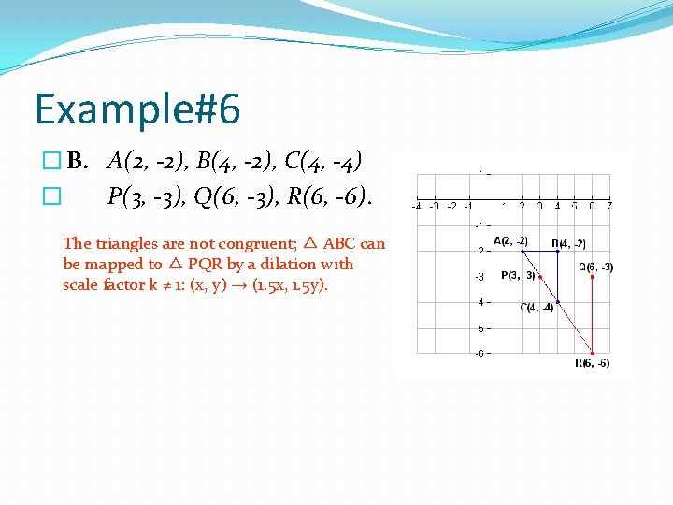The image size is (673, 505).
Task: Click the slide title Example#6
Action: [137, 109]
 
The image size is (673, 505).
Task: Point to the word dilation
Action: [256, 265]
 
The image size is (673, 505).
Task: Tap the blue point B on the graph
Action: [557, 251]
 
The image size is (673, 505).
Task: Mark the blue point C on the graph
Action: [557, 301]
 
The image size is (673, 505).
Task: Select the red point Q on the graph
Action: [593, 276]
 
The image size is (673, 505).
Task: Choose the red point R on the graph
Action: [593, 353]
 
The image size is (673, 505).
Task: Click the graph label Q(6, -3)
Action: [596, 267]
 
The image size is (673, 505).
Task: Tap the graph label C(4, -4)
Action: [537, 308]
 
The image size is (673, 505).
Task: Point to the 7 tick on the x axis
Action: [609, 206]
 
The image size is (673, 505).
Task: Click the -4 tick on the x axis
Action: [416, 206]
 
